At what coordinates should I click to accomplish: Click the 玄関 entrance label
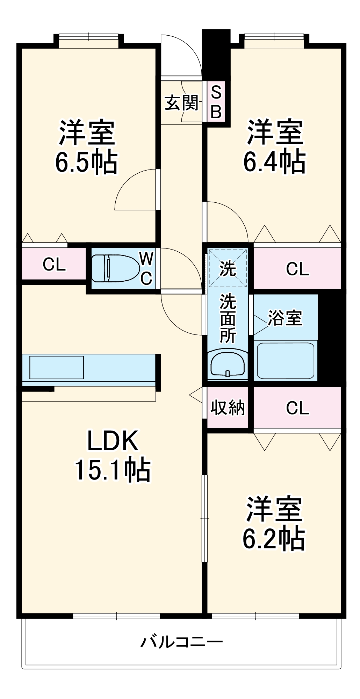click(x=181, y=103)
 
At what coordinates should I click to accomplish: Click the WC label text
click(x=146, y=268)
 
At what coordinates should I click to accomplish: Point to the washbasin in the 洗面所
click(x=228, y=364)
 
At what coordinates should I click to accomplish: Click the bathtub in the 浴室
click(x=286, y=360)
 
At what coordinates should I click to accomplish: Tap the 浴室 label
click(x=285, y=318)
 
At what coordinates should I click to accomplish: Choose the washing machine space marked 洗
click(x=228, y=268)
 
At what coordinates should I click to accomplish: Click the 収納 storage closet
click(x=228, y=408)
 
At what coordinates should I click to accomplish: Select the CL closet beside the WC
click(x=54, y=265)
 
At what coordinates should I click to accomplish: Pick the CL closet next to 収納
click(x=297, y=408)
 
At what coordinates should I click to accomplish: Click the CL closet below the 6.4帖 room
click(x=297, y=269)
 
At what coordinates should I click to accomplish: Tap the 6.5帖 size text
click(x=86, y=162)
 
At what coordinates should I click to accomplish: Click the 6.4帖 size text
click(x=274, y=161)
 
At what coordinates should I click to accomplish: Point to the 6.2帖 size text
click(x=274, y=539)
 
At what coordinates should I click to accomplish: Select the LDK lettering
click(x=113, y=441)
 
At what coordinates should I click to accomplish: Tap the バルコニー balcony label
click(x=181, y=642)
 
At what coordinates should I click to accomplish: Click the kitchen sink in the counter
click(x=57, y=367)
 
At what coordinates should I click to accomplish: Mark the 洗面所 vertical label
click(x=228, y=319)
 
